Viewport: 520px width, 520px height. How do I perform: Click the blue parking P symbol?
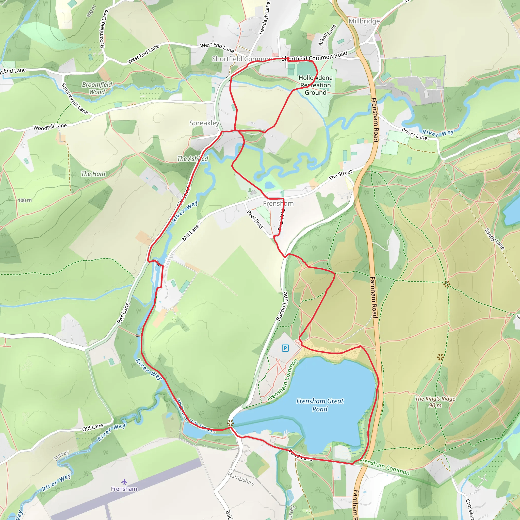285,348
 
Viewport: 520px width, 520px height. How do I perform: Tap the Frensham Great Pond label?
320,405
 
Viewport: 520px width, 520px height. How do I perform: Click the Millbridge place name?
364,21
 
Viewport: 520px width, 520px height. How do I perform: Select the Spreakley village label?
204,123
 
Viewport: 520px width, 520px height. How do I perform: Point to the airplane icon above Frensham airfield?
124,481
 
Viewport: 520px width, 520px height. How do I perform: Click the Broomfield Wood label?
97,88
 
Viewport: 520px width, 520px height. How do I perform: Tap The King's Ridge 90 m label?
435,402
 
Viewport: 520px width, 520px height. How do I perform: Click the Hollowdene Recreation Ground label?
315,85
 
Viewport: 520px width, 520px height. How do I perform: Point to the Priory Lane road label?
414,134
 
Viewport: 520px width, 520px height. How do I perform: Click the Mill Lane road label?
191,233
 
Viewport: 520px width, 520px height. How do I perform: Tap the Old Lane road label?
93,427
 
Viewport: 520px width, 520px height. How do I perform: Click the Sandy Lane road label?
494,239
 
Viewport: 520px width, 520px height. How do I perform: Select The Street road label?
340,175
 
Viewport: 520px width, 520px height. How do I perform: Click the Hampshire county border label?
241,479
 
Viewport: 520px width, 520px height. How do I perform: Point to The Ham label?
93,174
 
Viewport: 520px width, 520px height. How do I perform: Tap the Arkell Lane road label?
327,35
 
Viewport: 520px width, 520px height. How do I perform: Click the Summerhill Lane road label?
74,99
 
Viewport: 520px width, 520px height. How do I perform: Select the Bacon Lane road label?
282,306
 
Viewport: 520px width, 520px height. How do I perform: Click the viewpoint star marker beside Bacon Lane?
230,423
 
